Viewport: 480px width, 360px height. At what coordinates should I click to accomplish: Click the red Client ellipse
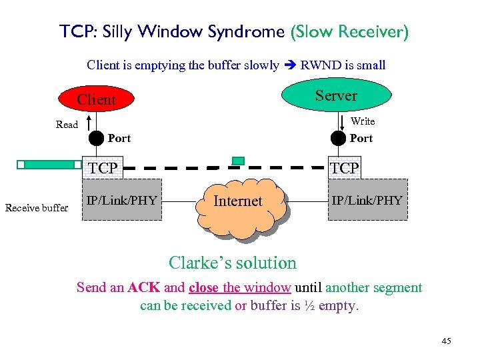[96, 99]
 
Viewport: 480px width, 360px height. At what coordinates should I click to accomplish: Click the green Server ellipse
[336, 95]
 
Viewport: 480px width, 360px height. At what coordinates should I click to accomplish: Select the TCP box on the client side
[103, 168]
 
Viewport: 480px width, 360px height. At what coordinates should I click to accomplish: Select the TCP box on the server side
[344, 168]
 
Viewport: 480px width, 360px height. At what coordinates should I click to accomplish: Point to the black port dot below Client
[97, 139]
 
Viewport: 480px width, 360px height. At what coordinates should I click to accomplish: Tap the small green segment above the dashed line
[238, 161]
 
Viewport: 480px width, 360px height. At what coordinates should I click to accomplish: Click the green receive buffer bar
[51, 164]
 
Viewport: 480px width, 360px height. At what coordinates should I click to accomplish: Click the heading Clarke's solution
[232, 263]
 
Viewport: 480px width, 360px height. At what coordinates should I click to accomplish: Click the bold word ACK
[144, 288]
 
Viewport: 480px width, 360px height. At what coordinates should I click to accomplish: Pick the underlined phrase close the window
[240, 288]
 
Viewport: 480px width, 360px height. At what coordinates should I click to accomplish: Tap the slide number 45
[446, 341]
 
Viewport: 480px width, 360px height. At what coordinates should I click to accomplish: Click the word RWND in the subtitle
[321, 65]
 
